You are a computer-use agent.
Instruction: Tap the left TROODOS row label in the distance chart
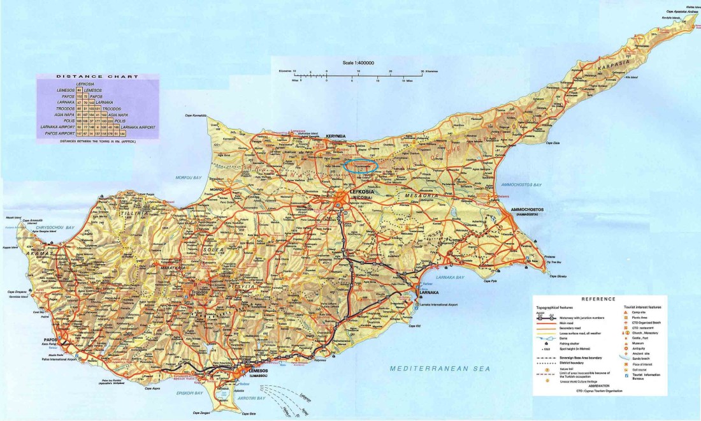coord(66,108)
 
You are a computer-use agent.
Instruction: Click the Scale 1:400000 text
coord(358,63)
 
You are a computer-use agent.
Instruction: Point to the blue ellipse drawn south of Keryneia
coord(360,166)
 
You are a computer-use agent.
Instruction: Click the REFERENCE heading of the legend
coord(598,299)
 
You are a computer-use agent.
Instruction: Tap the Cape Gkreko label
coord(558,276)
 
